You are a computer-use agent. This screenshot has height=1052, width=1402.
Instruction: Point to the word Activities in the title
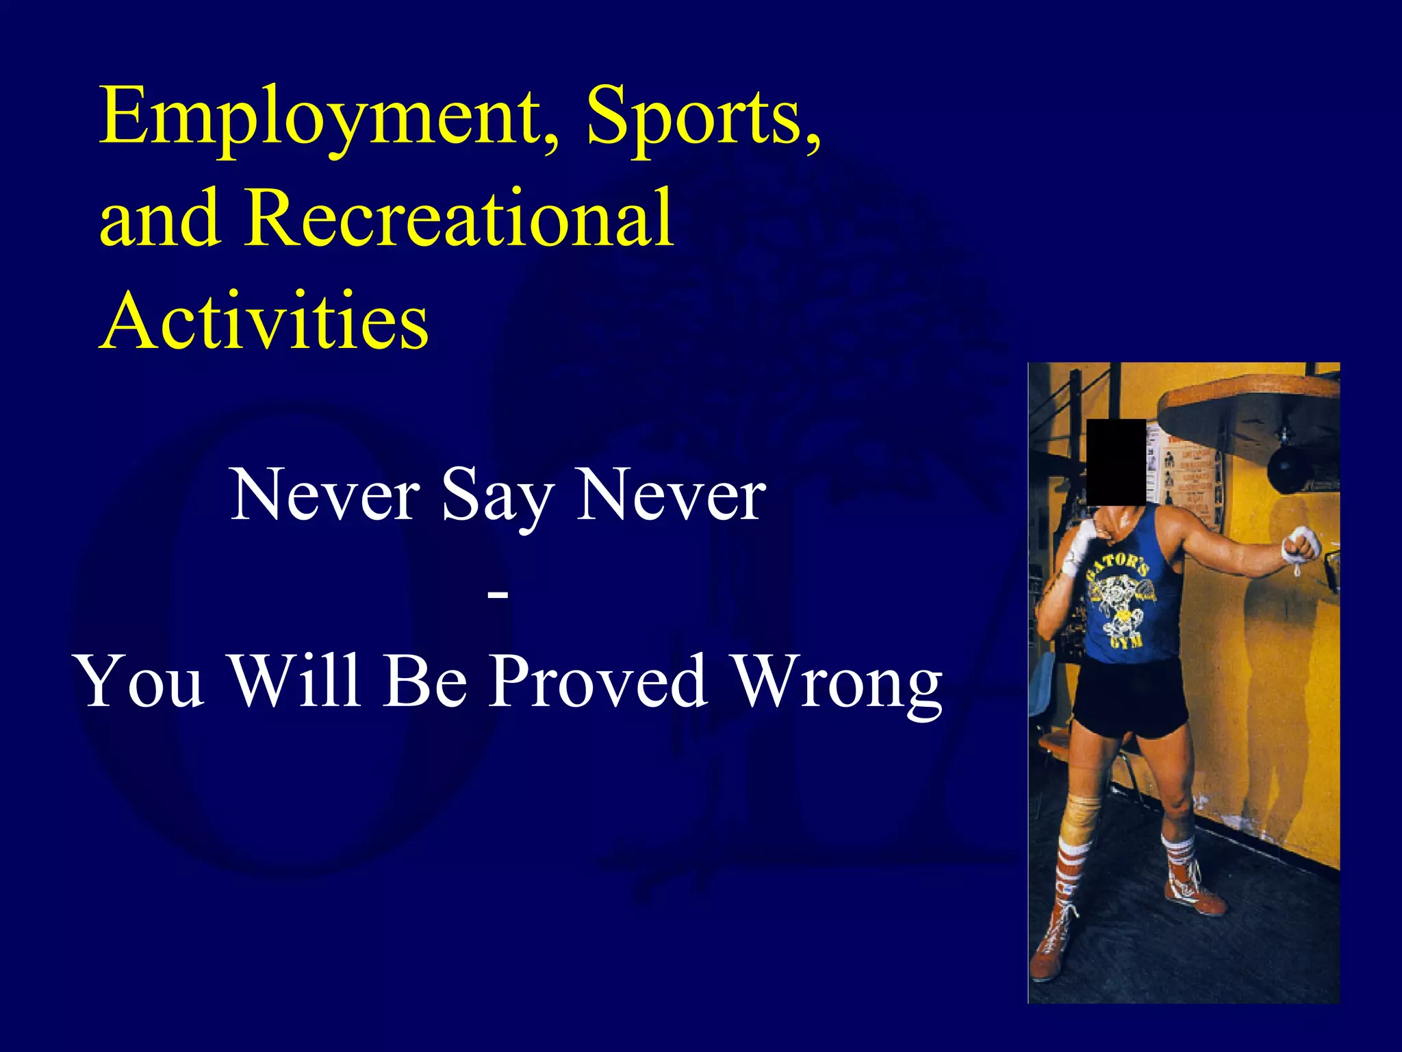click(265, 321)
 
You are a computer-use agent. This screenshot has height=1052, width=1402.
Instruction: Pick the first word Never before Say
click(325, 494)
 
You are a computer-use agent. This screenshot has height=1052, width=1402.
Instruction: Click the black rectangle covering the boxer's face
click(1116, 462)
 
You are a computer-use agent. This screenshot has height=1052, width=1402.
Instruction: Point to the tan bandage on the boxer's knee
click(1082, 808)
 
